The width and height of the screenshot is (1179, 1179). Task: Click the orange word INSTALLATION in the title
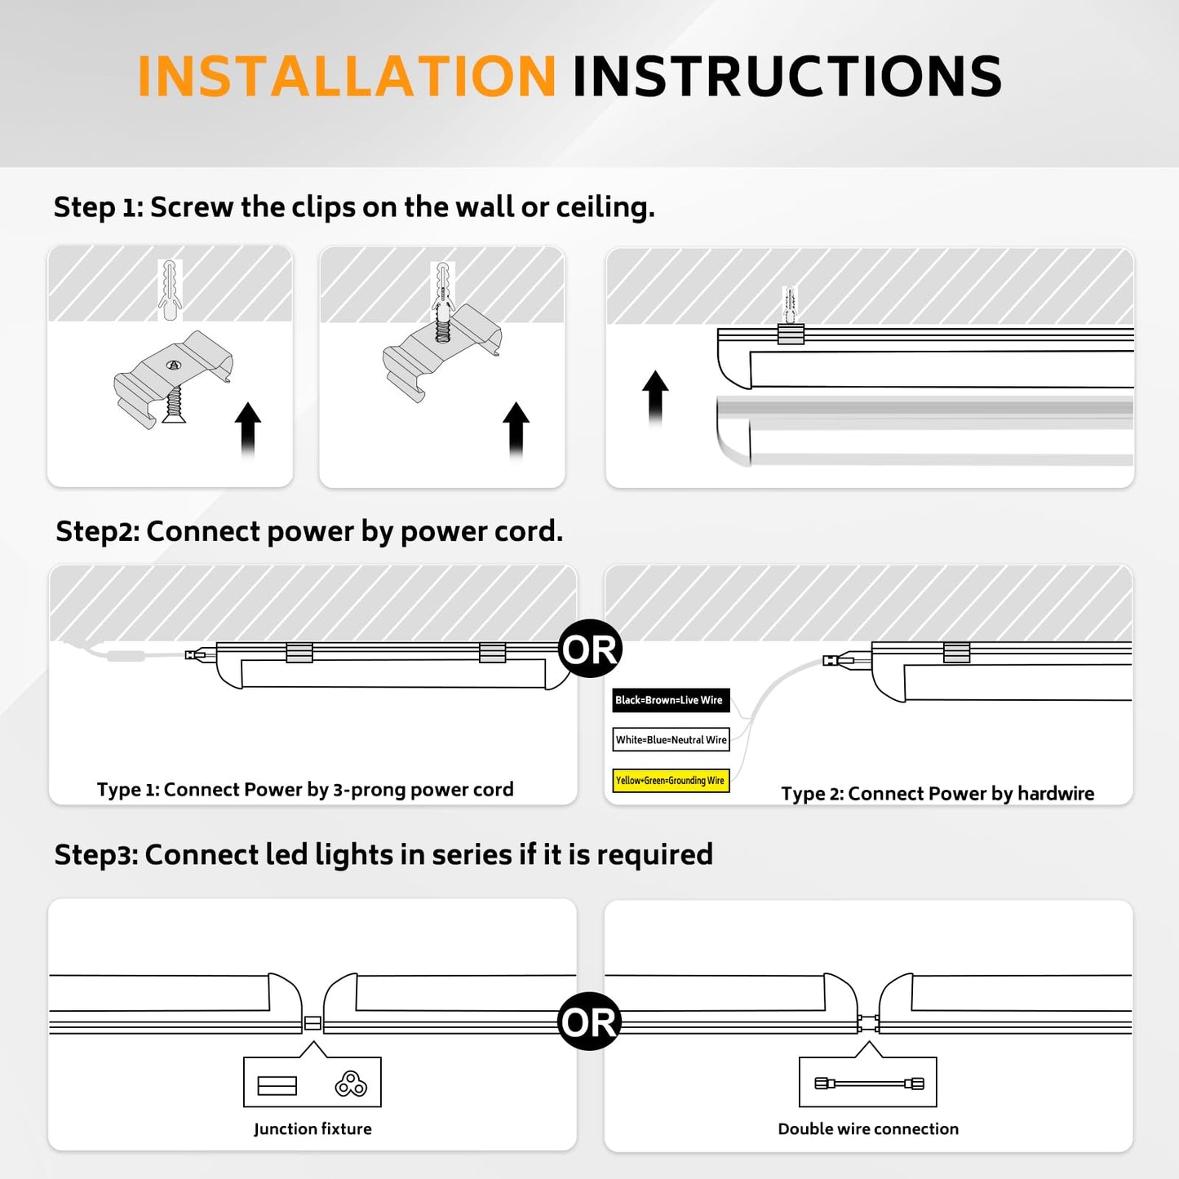[x=347, y=78]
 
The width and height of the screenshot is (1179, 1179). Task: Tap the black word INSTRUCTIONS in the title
[x=787, y=78]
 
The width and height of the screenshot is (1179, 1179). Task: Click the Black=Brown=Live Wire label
[x=670, y=700]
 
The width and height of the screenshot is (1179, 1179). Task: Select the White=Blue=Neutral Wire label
[x=671, y=740]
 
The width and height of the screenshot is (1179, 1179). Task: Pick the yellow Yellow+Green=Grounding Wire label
[x=671, y=781]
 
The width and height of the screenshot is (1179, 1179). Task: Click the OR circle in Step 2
[x=591, y=649]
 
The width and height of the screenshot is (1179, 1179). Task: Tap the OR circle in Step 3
[x=589, y=1022]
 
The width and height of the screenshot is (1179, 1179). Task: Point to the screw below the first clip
[x=174, y=405]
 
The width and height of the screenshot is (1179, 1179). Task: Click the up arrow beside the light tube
[x=655, y=397]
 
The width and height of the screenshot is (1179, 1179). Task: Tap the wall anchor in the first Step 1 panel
[x=170, y=290]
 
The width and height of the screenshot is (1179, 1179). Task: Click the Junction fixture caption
[x=312, y=1129]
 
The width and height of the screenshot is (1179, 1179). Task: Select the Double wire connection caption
[x=868, y=1129]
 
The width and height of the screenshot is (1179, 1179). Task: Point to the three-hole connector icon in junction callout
[x=351, y=1084]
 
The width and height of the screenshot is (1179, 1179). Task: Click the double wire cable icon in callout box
[x=869, y=1084]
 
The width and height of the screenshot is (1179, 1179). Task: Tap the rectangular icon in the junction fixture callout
[x=277, y=1086]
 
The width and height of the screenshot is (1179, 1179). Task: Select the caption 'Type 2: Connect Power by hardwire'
[x=937, y=794]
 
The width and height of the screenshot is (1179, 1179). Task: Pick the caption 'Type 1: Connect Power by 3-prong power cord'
[x=305, y=790]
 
